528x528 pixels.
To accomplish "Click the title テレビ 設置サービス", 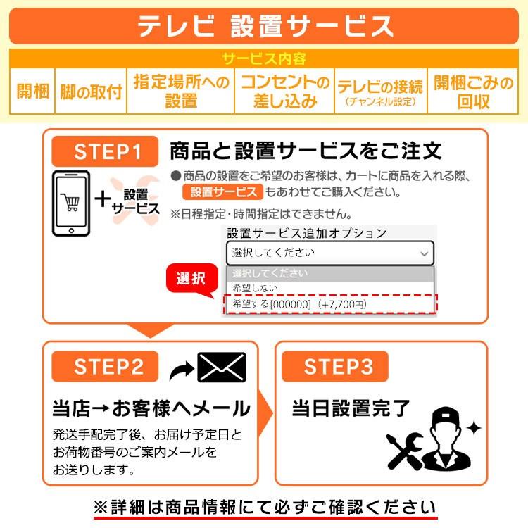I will click(x=264, y=25).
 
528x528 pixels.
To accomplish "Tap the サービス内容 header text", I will click(x=264, y=58).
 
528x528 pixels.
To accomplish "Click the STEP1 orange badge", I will click(x=107, y=151).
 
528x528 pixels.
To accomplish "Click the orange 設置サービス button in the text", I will click(x=222, y=192).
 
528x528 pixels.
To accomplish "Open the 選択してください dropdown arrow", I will click(x=424, y=253).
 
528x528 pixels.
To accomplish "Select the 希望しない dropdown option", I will click(x=256, y=288).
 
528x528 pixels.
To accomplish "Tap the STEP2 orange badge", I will click(x=107, y=367).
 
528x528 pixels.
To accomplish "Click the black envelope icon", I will click(x=221, y=367).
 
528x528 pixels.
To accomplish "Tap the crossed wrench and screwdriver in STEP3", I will click(x=404, y=451).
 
